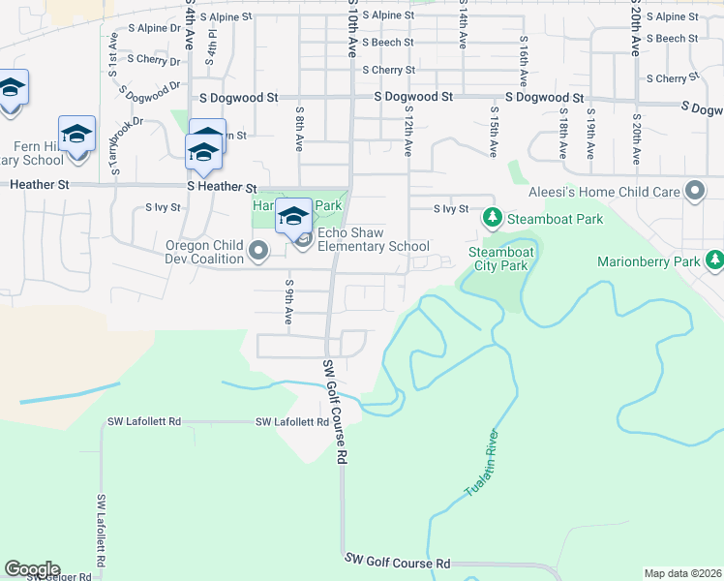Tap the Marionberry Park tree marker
(714, 260)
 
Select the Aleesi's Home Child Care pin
(694, 192)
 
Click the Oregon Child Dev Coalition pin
(257, 253)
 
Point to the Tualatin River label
(486, 464)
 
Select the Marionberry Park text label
(648, 261)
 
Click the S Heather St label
(222, 187)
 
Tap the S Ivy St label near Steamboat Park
(451, 208)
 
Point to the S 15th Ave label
(494, 136)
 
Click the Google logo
(32, 569)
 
